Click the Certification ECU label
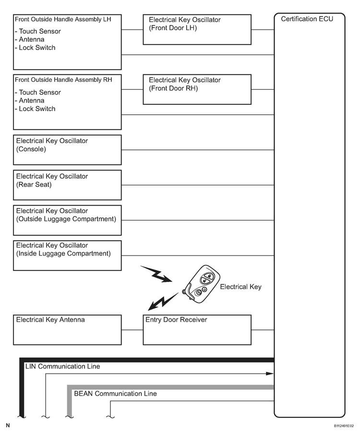[307, 19]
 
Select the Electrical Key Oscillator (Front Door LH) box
[197, 29]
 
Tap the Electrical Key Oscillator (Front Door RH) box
[197, 89]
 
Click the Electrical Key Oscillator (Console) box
[67, 150]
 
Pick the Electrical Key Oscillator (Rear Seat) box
[67, 185]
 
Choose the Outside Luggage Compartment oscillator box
[67, 220]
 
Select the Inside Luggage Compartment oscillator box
[67, 255]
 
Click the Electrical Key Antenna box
[67, 330]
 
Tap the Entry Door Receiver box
[197, 330]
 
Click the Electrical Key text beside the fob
[240, 287]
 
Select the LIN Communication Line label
[62, 367]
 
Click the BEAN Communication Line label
[115, 394]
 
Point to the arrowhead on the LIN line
[271, 373]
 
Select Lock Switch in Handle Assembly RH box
[37, 109]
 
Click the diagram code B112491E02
[344, 426]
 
